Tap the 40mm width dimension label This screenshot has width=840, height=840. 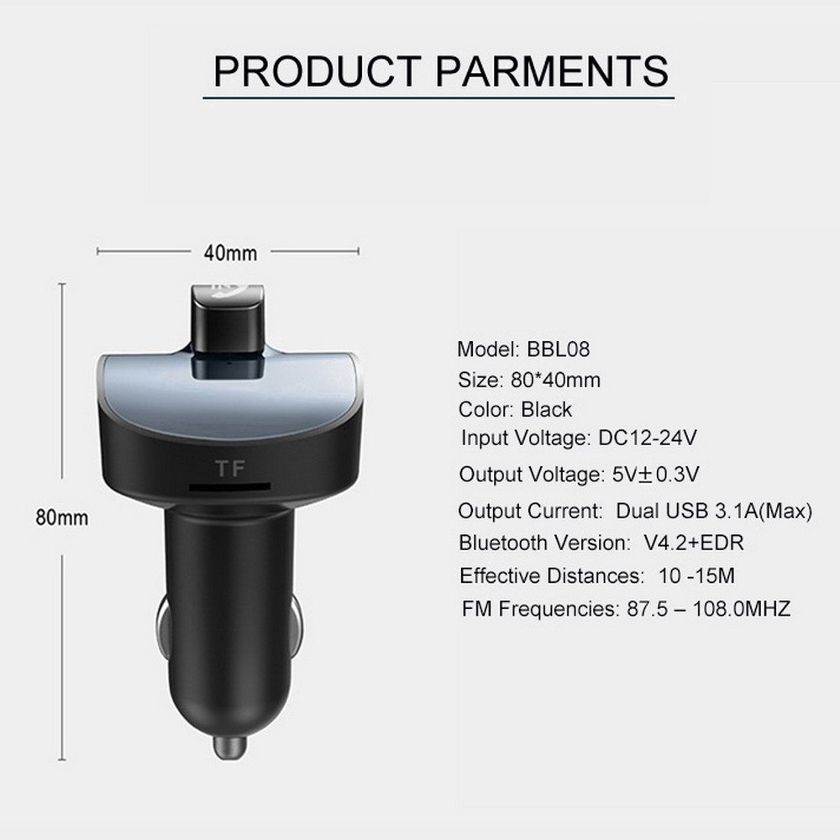[x=229, y=252]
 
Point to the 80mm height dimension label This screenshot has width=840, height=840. [x=60, y=517]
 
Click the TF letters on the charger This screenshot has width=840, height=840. [x=225, y=466]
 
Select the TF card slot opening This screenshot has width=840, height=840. [x=228, y=486]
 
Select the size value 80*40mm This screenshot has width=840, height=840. [x=555, y=380]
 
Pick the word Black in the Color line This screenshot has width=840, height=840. [x=546, y=410]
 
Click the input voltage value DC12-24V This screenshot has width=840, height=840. [x=648, y=438]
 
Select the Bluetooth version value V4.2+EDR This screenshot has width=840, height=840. [x=693, y=543]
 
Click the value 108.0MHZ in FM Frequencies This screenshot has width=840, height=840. [x=742, y=609]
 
